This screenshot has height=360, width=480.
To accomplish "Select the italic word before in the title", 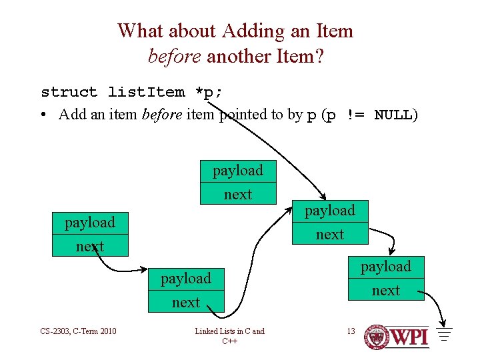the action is pos(175,56).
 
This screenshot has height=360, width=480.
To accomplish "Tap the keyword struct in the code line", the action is pos(69,92).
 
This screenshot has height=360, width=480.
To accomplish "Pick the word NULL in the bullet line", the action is pos(393,115).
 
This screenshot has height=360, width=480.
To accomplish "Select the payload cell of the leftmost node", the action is pos(89,222).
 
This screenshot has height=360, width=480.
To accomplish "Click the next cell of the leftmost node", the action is pos(89,246).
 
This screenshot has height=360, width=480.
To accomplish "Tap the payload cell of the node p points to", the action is pos(329,211).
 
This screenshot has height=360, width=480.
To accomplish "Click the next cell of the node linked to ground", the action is pos(385,290).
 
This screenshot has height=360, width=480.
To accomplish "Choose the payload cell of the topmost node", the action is pos(237,171).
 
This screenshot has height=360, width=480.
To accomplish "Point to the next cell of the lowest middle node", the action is pos(185,302).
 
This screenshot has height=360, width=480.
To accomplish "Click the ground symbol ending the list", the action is pos(445,333).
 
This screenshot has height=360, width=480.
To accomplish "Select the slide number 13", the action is pos(351,331).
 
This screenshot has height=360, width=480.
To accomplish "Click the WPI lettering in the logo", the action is pos(409,337).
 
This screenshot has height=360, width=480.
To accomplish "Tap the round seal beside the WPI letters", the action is pos(377,337).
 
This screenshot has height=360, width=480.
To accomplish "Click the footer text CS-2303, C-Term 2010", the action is pos(78,331).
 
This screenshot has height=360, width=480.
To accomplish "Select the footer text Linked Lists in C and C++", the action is pos(229,336).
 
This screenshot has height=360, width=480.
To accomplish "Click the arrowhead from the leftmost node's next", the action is pos(145,270).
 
